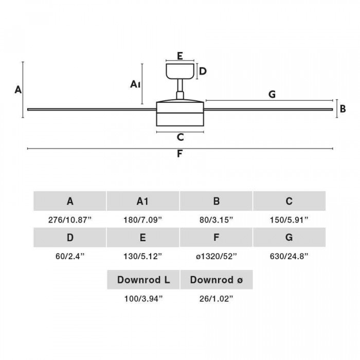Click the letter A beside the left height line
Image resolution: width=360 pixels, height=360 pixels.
coord(18,89)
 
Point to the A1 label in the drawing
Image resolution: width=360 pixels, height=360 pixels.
coord(135,84)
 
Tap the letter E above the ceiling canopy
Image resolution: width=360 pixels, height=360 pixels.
coord(180,56)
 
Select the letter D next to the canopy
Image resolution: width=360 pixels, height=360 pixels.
coord(203,71)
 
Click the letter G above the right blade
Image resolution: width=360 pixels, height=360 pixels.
coord(272,94)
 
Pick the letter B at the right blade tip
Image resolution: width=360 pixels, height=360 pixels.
coord(343,109)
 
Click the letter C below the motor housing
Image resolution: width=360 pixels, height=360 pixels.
coord(180,137)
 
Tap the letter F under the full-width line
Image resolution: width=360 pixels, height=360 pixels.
coord(180,154)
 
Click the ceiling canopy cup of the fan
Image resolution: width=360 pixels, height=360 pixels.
coord(180,71)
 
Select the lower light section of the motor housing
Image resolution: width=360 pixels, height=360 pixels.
coord(180,120)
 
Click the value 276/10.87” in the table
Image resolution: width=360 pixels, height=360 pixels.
coord(70,220)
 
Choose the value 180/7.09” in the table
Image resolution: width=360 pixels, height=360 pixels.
coord(143,220)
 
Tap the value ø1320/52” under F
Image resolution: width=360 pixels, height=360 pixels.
coord(217,256)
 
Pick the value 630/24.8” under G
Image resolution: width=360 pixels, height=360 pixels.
coord(289,256)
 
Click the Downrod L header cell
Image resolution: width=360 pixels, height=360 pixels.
coord(143,280)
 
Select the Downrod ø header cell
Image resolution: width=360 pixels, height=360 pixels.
coord(217,280)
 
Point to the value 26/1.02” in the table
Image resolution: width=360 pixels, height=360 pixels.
coord(217,299)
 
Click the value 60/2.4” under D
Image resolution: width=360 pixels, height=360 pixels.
coord(70,256)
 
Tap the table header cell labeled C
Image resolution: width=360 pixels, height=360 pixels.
coord(289,201)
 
